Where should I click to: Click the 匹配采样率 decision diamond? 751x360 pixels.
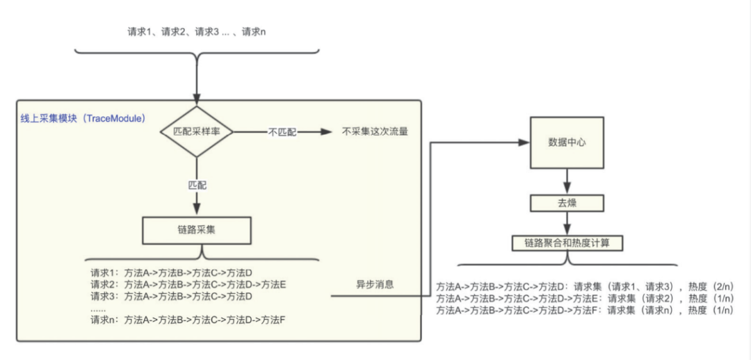click(197, 131)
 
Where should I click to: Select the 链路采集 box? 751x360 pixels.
click(196, 230)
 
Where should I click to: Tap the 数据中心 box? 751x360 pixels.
click(567, 143)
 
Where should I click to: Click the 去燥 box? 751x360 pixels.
click(567, 204)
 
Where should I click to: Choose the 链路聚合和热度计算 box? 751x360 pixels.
click(567, 243)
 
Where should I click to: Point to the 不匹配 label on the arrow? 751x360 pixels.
click(281, 132)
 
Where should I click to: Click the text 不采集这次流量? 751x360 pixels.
click(374, 131)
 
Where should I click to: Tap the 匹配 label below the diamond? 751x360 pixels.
click(197, 186)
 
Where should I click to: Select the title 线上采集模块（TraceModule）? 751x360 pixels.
click(83, 119)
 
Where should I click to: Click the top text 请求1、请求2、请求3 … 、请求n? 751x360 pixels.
click(197, 32)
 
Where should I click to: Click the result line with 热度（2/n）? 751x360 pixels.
click(585, 286)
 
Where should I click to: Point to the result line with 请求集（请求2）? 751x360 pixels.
click(585, 298)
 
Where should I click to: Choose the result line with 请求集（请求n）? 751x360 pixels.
click(585, 311)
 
